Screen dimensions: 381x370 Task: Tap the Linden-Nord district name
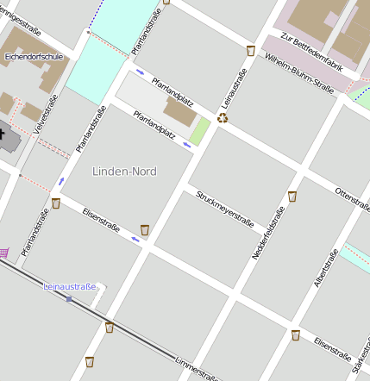pos(124,172)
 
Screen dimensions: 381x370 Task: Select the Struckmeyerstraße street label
pos(224,209)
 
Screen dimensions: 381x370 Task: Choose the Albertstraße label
pos(326,268)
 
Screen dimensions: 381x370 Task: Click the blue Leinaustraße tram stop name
pos(70,285)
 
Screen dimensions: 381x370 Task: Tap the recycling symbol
pos(223,118)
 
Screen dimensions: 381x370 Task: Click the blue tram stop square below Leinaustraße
pos(69,299)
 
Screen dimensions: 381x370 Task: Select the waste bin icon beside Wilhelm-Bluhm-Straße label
pos(250,51)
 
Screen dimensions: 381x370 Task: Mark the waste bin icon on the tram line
pos(110,327)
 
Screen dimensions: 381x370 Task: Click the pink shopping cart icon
pos(3,253)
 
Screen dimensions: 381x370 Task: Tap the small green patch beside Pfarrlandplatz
pos(200,132)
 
